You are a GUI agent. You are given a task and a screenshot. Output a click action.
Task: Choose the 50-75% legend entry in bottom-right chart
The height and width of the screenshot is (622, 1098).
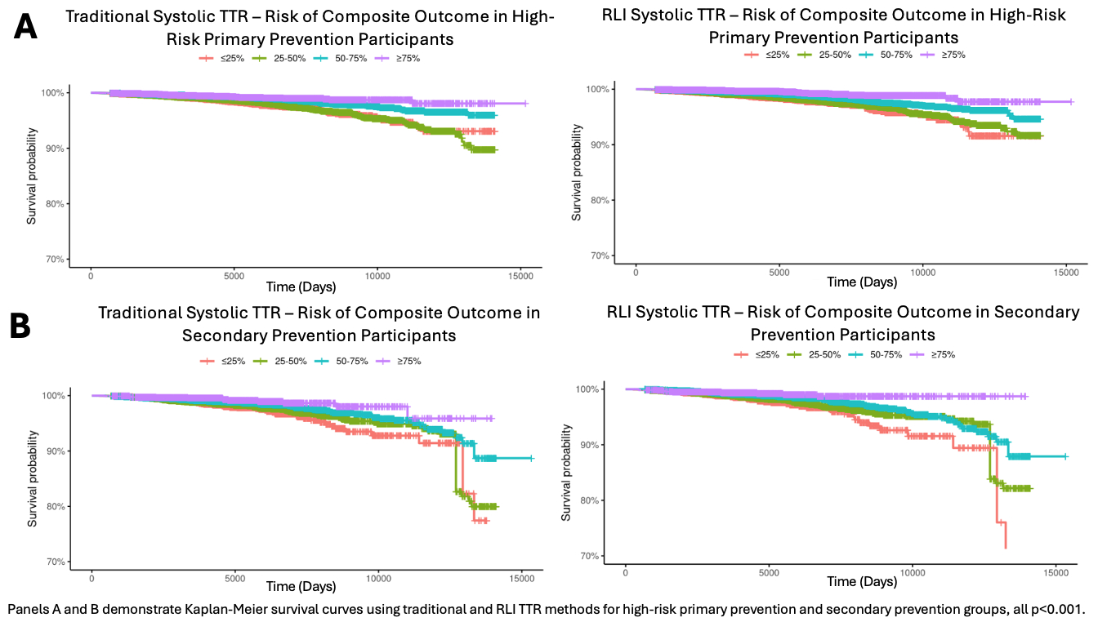pyautogui.click(x=875, y=354)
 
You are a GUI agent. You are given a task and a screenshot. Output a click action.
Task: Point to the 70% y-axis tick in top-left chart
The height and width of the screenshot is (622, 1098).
pyautogui.click(x=53, y=260)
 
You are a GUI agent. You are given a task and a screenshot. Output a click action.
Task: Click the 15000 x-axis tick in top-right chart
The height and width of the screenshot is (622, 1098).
pyautogui.click(x=1065, y=272)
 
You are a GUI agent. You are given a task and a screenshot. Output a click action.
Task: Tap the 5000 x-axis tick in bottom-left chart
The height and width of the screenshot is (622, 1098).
pyautogui.click(x=235, y=579)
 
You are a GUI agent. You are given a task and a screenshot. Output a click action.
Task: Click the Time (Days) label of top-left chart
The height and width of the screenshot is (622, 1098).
pyautogui.click(x=299, y=287)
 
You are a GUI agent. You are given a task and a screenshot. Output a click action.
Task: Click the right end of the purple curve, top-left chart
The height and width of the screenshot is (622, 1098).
pyautogui.click(x=527, y=104)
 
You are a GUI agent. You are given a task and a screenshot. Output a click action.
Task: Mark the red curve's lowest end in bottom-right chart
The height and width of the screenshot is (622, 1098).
pyautogui.click(x=1005, y=547)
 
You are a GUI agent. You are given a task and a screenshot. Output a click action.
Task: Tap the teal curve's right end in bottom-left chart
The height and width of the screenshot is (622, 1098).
pyautogui.click(x=532, y=458)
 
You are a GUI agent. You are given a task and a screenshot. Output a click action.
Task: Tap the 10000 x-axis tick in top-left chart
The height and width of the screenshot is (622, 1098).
pyautogui.click(x=377, y=276)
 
